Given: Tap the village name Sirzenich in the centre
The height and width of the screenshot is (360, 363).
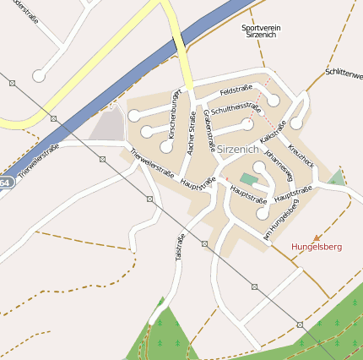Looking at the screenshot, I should [x=241, y=149].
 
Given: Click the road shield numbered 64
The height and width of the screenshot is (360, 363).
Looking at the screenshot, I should [x=5, y=183].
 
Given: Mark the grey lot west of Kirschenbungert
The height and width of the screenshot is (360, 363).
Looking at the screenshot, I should [x=108, y=126].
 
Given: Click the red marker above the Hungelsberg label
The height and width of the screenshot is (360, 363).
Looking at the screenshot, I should [x=317, y=237].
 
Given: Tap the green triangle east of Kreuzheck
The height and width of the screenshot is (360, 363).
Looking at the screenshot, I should [x=337, y=178].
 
